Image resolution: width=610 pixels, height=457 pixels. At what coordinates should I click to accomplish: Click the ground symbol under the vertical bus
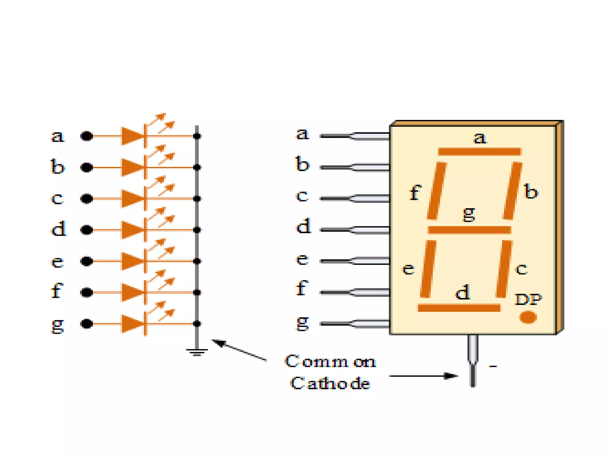[x=197, y=352]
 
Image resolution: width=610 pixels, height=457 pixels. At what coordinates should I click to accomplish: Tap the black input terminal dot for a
[x=87, y=136]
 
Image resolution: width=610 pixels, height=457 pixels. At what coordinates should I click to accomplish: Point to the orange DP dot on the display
[x=528, y=317]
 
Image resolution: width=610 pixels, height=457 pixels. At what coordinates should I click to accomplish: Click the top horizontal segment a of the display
[x=479, y=151]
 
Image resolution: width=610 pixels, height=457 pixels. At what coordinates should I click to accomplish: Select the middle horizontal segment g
[x=469, y=230]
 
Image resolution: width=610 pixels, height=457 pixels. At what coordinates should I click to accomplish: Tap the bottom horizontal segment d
[x=459, y=308]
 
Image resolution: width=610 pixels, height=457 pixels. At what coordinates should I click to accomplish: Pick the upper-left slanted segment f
[x=437, y=191]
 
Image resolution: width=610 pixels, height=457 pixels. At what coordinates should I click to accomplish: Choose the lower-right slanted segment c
[x=504, y=269]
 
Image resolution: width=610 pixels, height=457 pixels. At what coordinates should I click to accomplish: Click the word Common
[x=330, y=361]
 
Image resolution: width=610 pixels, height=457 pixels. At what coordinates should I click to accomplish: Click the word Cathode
[x=330, y=383]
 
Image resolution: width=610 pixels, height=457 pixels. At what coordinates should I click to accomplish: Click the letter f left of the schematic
[x=57, y=291]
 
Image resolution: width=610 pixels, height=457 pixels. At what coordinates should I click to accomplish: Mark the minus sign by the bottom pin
[x=493, y=366]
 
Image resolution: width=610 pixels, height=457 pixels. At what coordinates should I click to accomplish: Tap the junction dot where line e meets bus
[x=197, y=261]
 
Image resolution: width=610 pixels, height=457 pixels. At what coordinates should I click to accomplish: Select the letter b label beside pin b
[x=302, y=164]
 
